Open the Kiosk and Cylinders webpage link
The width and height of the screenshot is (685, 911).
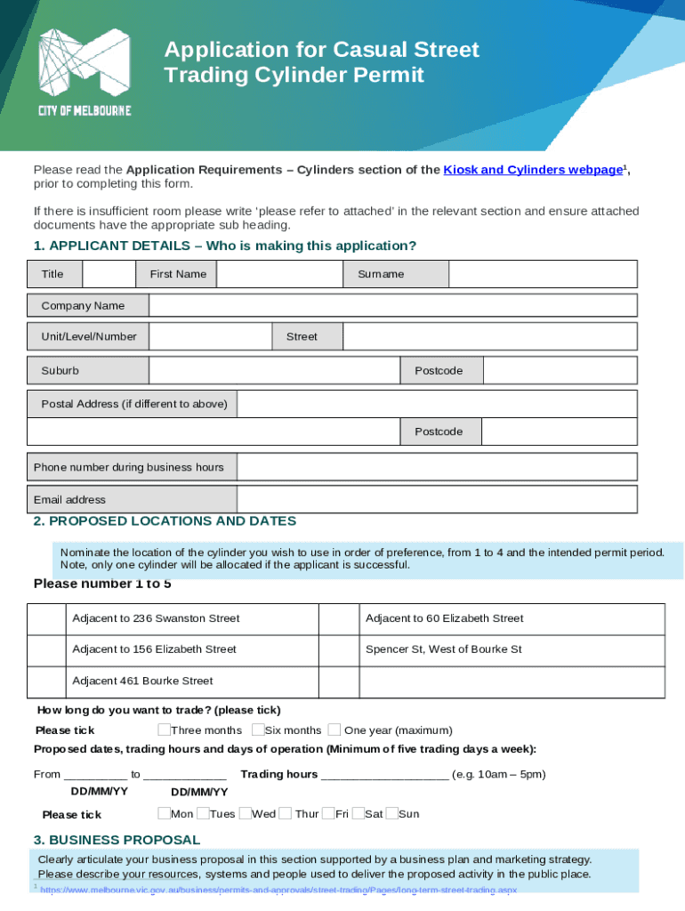(532, 170)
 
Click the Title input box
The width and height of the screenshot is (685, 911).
(109, 274)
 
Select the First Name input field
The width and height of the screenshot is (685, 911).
(279, 274)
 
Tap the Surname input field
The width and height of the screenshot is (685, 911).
(543, 274)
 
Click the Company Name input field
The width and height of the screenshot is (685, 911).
(392, 306)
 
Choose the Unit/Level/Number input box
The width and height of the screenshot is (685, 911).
(210, 336)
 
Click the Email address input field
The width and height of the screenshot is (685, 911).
(437, 499)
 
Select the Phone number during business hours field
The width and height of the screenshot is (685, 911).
(437, 467)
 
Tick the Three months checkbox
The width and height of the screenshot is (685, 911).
(164, 730)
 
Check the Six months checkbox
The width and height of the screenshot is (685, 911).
(258, 730)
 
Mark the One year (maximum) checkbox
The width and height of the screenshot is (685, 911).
(334, 730)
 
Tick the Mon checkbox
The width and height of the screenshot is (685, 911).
(164, 813)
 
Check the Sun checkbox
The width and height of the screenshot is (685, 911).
(392, 813)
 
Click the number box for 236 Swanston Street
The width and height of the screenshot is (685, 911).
(46, 618)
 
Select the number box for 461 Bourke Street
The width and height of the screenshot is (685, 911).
(46, 681)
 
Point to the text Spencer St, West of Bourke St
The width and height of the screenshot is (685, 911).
(443, 649)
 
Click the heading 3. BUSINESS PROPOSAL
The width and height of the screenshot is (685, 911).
(117, 840)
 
